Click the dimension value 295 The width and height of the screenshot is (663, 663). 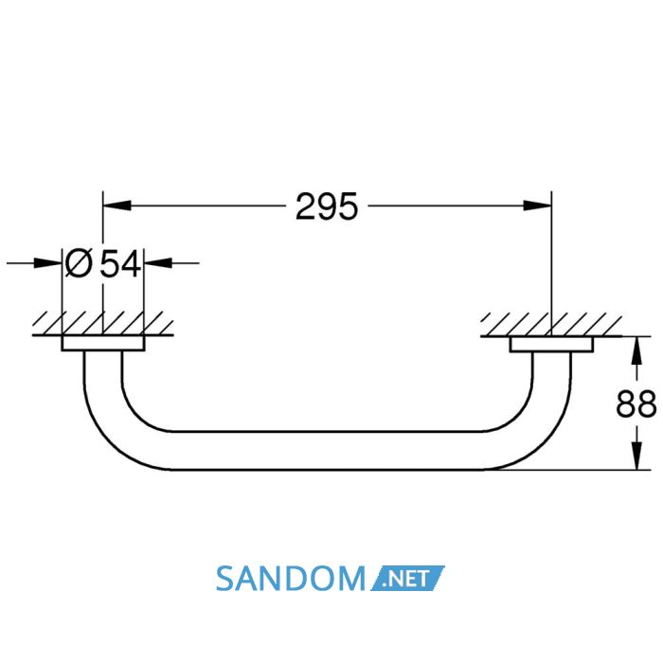(327, 206)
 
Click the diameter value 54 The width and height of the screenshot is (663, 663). (120, 263)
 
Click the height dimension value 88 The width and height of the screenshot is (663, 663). (636, 403)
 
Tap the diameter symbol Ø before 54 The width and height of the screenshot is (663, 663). (79, 263)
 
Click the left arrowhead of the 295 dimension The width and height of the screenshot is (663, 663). (117, 206)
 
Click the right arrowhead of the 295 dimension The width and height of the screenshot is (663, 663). (537, 206)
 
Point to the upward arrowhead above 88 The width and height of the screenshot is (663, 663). (636, 350)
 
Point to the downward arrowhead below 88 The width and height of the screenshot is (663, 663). (636, 456)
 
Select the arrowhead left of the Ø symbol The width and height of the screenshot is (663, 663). (47, 263)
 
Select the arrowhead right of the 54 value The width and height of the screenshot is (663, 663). (158, 263)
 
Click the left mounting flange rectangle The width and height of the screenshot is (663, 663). (103, 343)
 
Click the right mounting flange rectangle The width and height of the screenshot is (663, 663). (551, 344)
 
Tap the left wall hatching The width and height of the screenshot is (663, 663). (102, 324)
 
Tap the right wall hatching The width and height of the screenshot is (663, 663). (551, 325)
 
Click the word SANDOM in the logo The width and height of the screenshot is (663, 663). (290, 579)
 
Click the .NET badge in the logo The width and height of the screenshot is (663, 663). (408, 578)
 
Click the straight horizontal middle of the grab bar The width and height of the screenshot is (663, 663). (328, 451)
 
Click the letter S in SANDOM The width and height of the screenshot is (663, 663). (225, 579)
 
